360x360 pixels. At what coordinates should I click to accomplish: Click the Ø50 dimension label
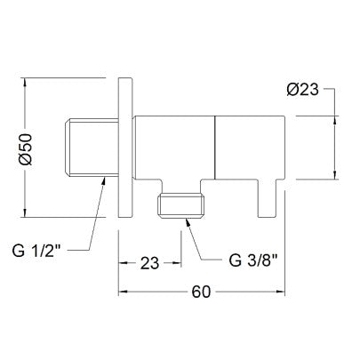point(26,149)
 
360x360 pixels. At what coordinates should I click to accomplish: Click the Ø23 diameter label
point(302,89)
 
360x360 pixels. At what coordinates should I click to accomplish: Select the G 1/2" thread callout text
point(36,251)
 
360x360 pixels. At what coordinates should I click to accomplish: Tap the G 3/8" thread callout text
point(253,260)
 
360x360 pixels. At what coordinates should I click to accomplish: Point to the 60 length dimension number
point(201,292)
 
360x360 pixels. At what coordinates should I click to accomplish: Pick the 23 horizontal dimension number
point(149,263)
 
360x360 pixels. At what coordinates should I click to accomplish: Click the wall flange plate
point(124,148)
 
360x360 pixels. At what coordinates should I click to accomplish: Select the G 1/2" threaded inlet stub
point(92,148)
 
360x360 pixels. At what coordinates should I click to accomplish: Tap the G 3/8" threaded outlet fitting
point(181,205)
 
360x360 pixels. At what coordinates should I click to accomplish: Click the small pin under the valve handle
point(268,198)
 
